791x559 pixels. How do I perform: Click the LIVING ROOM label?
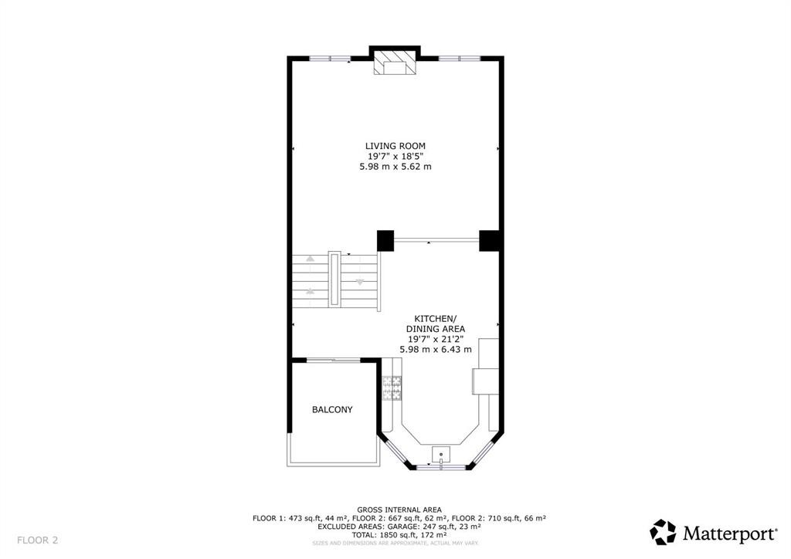(x=395, y=146)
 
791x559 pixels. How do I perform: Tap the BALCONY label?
(x=332, y=410)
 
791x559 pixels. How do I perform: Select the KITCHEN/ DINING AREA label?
(x=436, y=324)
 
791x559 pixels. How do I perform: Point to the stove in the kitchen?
(x=392, y=388)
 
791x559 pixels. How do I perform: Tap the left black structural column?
(x=385, y=241)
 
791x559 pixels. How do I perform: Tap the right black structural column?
(x=490, y=241)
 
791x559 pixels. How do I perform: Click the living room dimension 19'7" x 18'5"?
(x=395, y=156)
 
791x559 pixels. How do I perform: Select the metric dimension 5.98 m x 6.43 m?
(x=436, y=350)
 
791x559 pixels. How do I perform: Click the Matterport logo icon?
(x=663, y=532)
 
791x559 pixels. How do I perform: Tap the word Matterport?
(x=729, y=533)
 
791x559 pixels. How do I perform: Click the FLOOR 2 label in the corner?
(x=38, y=540)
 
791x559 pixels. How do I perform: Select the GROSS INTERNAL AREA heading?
(x=399, y=510)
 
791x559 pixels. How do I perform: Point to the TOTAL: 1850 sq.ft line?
(x=399, y=535)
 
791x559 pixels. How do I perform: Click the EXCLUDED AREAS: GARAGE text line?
(x=399, y=527)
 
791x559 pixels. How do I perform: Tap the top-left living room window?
(x=330, y=58)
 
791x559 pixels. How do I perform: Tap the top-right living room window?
(x=460, y=58)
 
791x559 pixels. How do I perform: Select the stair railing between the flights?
(x=334, y=277)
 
